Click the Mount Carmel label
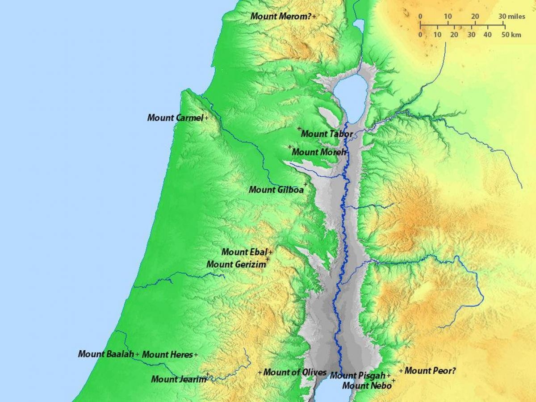(175, 118)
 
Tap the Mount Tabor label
(327, 134)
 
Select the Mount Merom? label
(281, 16)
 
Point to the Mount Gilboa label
(276, 190)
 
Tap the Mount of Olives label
(292, 372)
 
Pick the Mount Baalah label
(106, 354)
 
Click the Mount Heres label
(167, 355)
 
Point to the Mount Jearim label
(179, 380)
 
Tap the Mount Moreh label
(319, 152)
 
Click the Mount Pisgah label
(357, 376)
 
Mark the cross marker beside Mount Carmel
(206, 118)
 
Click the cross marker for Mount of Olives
(260, 372)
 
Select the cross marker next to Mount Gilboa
(306, 184)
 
